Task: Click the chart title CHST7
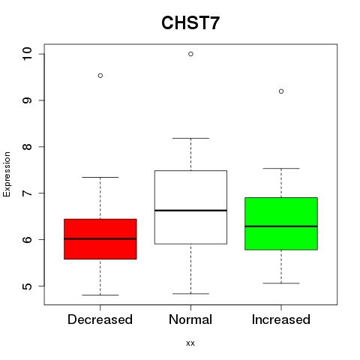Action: coord(190,22)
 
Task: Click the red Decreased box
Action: coord(100,239)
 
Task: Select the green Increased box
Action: coord(281,223)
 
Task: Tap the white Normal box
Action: coord(190,207)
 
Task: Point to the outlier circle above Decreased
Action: coord(100,76)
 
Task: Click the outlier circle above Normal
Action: coord(190,54)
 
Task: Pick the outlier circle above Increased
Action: coord(281,91)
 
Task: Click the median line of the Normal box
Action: coord(190,211)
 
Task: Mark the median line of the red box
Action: coord(100,238)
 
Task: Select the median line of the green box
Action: coord(281,226)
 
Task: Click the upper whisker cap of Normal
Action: coord(190,138)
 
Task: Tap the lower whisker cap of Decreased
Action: coord(100,295)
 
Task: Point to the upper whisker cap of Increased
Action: coord(281,169)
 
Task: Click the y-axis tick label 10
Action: coord(27,54)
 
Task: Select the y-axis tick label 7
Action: coord(27,193)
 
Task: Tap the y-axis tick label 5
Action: coord(27,286)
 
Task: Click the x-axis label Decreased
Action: coord(100,319)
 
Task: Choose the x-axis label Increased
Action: coord(281,319)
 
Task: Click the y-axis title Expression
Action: coord(7,174)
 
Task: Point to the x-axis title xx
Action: coord(190,343)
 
